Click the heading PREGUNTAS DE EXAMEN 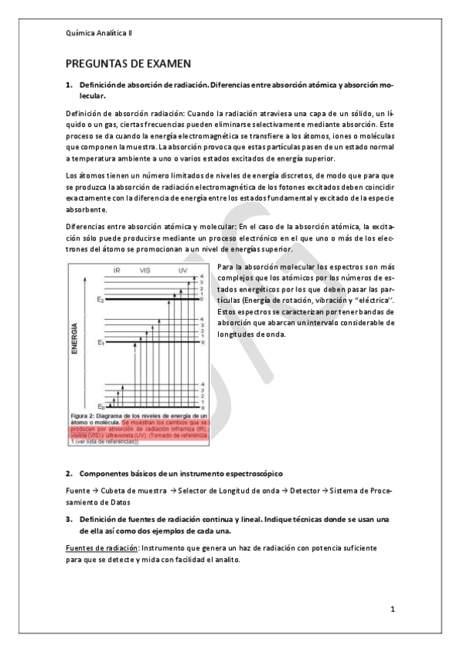128,63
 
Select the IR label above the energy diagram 117,271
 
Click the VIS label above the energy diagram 144,271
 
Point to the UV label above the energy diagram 182,271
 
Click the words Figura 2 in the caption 84,416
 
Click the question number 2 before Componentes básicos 68,473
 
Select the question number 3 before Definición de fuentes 68,519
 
